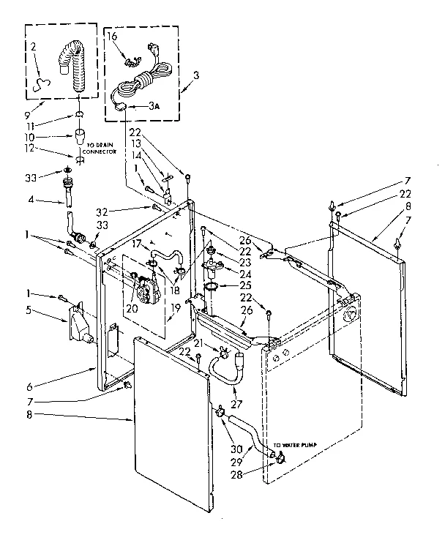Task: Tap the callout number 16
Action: coord(112,35)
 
